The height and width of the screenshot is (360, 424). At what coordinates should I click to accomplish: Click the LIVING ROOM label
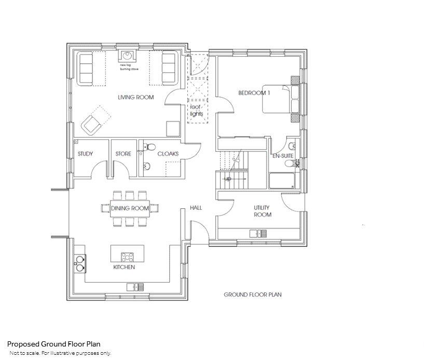[x=135, y=97]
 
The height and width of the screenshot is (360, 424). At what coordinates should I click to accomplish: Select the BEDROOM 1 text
[x=254, y=93]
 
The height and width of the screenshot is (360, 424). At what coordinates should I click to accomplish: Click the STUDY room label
[x=85, y=154]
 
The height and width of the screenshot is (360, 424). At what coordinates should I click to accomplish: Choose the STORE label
[x=123, y=154]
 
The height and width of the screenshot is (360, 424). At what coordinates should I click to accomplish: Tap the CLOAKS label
[x=168, y=154]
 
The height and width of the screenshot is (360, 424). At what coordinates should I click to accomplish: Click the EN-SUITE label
[x=284, y=155]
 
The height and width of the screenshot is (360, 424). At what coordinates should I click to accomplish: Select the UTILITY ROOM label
[x=262, y=211]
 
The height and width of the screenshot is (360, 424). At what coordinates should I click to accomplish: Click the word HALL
[x=196, y=208]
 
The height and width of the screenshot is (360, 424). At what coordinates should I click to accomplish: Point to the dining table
[x=130, y=208]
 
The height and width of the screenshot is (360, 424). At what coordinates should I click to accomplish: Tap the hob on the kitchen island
[x=127, y=256]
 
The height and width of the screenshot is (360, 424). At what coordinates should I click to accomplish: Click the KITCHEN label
[x=124, y=267]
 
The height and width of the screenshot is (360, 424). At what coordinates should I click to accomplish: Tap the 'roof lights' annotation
[x=198, y=110]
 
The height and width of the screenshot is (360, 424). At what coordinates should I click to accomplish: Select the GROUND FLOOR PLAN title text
[x=252, y=295]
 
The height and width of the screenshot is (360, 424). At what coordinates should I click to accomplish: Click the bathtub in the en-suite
[x=283, y=181]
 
